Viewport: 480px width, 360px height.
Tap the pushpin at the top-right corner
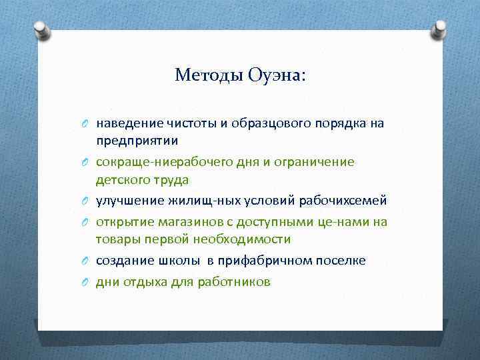pos(439,29)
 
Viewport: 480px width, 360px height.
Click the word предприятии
pos(137,141)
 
